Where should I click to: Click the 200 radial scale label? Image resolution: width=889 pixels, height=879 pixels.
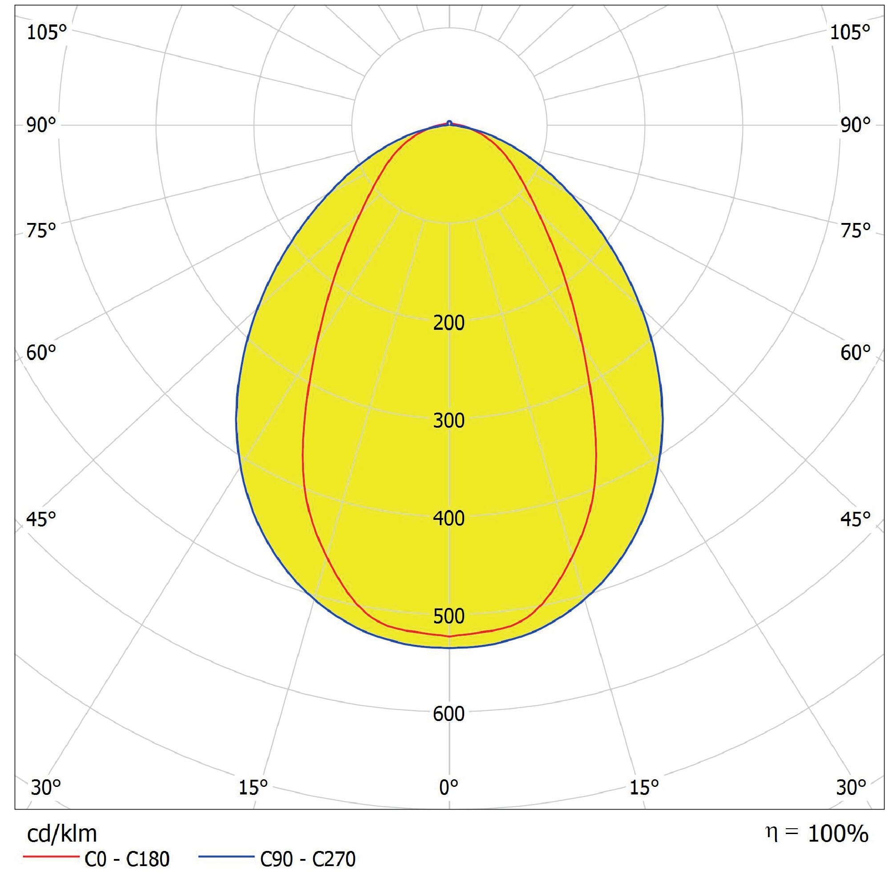tap(449, 323)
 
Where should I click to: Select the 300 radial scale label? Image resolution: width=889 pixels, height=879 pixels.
tap(449, 421)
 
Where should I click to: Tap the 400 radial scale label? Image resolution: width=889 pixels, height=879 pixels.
tap(449, 518)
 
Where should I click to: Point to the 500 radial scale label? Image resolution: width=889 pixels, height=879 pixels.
tap(449, 616)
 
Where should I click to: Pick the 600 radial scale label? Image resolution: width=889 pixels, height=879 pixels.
tap(449, 714)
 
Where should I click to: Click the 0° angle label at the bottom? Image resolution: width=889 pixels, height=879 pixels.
tap(449, 788)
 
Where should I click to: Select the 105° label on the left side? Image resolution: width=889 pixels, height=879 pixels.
tap(46, 32)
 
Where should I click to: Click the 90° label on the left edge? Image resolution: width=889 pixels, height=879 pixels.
tap(41, 125)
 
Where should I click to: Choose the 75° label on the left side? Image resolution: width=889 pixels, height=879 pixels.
tap(41, 230)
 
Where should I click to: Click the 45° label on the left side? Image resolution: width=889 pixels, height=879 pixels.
tap(41, 519)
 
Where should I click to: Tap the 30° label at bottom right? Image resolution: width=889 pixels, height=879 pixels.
tap(851, 788)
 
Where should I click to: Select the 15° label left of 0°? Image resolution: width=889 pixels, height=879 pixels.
tap(253, 788)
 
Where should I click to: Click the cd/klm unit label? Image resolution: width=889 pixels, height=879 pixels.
tap(62, 834)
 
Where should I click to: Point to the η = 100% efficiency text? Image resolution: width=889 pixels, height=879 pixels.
tap(817, 834)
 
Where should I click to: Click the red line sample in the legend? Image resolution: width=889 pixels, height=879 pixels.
tap(51, 856)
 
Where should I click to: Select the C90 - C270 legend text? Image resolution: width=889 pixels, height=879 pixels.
tap(308, 859)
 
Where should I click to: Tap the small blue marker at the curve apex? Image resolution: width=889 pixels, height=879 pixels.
tap(449, 123)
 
